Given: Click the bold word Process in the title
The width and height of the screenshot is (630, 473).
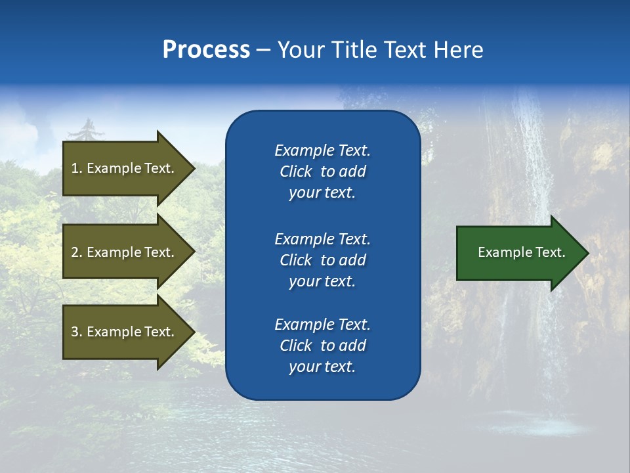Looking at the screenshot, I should (x=206, y=50).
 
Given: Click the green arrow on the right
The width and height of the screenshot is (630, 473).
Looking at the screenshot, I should (x=518, y=252).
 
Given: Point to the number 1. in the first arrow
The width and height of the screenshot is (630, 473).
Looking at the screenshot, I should (x=77, y=168).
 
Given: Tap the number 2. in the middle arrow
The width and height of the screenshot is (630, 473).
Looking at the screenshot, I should (x=77, y=252).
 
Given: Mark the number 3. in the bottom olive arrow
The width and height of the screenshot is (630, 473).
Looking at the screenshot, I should (x=77, y=332).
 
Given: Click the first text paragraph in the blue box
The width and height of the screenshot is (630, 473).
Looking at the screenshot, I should (x=322, y=171).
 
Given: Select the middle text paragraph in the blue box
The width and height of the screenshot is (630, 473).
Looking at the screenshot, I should (x=322, y=260).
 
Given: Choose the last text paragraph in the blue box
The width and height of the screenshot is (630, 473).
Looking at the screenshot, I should (x=322, y=346).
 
